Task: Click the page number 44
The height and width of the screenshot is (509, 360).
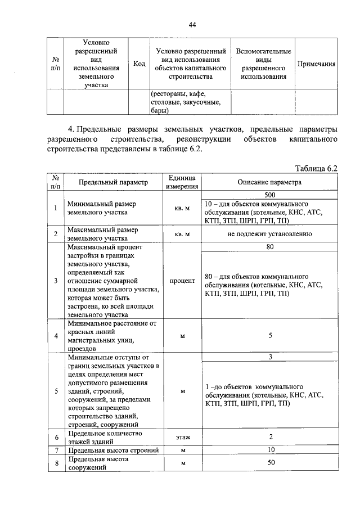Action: coord(192,25)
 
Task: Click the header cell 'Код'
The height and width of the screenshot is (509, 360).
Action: coord(139,64)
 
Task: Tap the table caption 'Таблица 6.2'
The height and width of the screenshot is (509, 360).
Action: coord(316,168)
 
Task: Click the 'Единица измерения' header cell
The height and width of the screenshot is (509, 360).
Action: coord(182,182)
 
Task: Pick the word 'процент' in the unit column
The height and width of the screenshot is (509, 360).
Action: coord(182,280)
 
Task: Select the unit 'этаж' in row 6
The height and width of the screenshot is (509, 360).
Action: coord(182,436)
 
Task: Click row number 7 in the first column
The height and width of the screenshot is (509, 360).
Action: coord(55,451)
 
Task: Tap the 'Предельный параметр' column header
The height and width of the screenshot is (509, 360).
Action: coord(112,182)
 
